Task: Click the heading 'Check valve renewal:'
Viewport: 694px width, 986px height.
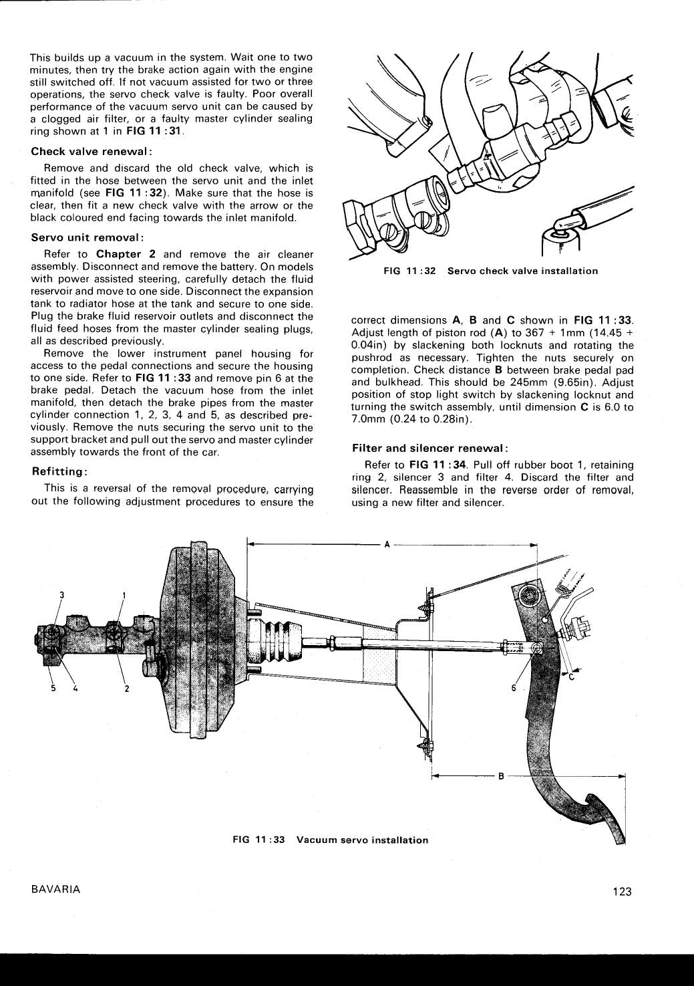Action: (x=92, y=151)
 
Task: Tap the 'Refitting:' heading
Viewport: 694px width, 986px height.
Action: (x=60, y=471)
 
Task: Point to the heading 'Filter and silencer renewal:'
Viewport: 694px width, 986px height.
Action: (x=430, y=447)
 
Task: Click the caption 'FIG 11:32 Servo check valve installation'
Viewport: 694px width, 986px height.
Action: (x=491, y=271)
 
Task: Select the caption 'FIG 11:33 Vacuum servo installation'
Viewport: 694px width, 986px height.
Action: (x=330, y=840)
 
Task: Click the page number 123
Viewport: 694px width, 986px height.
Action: (x=621, y=891)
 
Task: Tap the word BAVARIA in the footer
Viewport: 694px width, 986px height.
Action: (x=55, y=889)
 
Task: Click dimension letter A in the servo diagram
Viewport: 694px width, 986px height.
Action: (x=387, y=543)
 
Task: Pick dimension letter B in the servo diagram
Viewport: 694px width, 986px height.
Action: (x=501, y=776)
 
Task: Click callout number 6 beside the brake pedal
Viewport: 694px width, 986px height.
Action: (x=514, y=688)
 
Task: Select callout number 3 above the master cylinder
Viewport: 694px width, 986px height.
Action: (x=61, y=594)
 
